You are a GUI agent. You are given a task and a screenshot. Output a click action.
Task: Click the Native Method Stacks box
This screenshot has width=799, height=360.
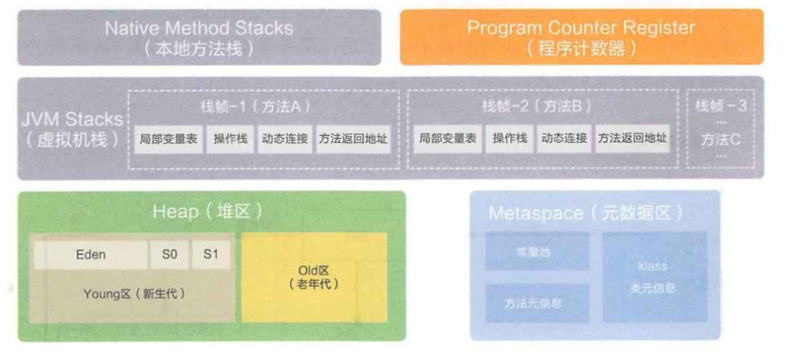pos(199,37)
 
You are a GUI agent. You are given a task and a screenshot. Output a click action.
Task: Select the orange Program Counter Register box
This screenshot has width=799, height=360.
pos(581,37)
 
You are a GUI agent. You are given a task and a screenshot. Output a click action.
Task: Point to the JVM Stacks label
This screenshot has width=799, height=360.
pos(73,129)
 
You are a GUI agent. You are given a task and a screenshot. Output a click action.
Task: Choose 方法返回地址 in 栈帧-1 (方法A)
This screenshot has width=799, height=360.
pos(353,138)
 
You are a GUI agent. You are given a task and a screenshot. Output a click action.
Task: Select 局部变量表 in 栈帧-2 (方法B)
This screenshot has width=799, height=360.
pos(448,138)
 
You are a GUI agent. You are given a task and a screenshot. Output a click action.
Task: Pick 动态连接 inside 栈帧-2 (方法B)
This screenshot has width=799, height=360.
pos(563,138)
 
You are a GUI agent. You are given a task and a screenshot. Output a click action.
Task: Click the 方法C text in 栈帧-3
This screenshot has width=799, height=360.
pos(720,140)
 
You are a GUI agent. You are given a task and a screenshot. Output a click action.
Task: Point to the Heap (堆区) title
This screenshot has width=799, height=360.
pos(207,212)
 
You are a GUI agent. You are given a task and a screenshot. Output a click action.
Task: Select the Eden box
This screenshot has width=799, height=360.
pos(90,255)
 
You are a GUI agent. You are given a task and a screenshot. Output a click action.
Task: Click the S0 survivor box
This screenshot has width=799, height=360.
pos(169,255)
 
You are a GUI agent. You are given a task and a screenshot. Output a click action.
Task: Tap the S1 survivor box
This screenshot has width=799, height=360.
pos(211,255)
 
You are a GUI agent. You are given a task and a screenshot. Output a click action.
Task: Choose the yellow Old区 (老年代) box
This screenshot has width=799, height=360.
pos(314,277)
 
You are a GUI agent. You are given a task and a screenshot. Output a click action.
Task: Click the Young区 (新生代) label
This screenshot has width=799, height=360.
pos(134,294)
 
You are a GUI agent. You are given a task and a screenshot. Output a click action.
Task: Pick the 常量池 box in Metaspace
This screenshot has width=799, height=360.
pos(537,251)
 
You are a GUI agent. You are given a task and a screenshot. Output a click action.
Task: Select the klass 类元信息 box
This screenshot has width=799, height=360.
pos(653,276)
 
